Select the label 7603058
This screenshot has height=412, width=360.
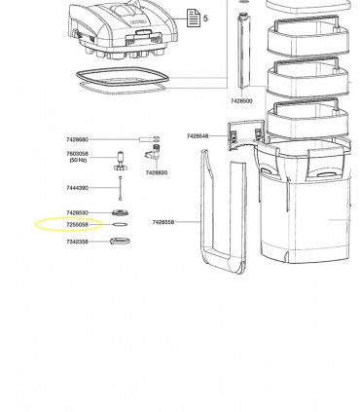point(77,153)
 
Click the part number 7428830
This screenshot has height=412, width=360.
point(156,172)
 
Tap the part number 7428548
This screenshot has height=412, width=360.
point(198,136)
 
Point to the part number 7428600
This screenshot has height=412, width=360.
point(241,100)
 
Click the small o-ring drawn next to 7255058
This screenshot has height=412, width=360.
point(119,224)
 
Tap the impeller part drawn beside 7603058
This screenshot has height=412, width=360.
point(121,158)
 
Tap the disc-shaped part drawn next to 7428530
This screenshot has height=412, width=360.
point(120,212)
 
